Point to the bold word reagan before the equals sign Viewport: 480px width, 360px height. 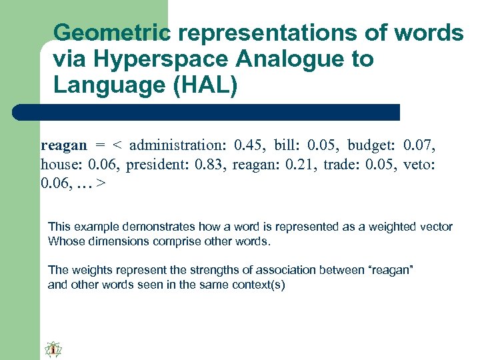[64, 145]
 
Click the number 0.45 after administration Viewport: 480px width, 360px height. [249, 145]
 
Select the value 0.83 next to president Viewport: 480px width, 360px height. [212, 164]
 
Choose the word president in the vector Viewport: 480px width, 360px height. [156, 164]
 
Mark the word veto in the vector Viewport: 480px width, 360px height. [419, 164]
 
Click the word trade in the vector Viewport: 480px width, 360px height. [342, 164]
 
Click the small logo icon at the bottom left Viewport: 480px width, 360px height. [53, 349]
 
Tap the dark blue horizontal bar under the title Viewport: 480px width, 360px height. [207, 112]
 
